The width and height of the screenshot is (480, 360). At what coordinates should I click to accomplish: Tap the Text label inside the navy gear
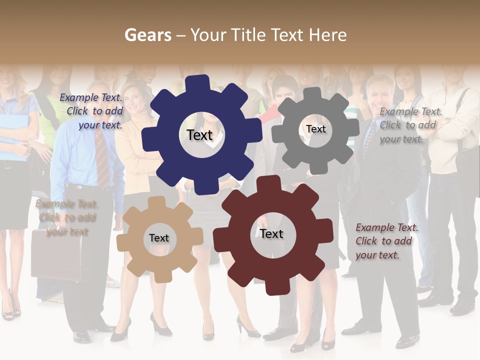(199, 135)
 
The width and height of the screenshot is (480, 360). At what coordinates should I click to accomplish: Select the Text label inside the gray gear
(315, 129)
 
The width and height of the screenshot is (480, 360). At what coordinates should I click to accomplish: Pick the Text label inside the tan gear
(159, 238)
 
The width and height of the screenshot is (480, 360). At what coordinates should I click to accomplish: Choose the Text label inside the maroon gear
(271, 233)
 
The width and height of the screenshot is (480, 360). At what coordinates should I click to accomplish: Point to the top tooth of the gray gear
(312, 94)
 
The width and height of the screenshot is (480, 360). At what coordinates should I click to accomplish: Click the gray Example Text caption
(410, 125)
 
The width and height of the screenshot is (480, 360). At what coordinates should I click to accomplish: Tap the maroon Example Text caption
(386, 241)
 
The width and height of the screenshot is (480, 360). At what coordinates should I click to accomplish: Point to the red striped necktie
(101, 157)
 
